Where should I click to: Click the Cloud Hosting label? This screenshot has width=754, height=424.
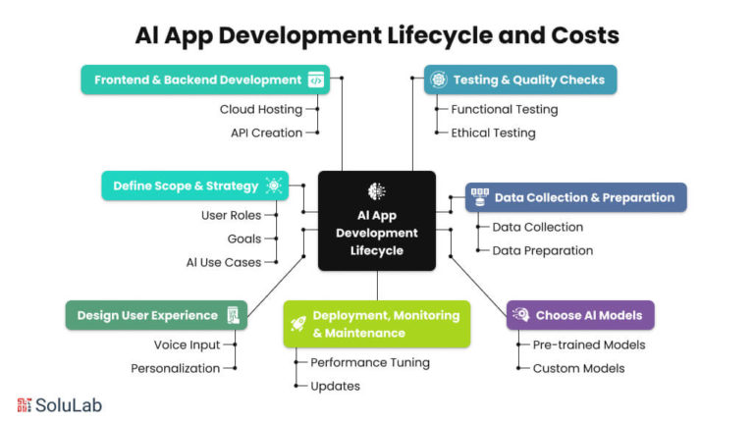[260, 109]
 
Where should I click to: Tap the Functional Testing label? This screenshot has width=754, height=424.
[504, 109]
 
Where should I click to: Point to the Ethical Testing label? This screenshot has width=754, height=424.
[493, 132]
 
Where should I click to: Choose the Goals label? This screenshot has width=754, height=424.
[245, 238]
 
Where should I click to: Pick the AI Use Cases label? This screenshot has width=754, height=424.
[224, 262]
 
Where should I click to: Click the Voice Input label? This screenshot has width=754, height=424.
[187, 344]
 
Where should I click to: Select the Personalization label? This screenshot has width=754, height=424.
[176, 368]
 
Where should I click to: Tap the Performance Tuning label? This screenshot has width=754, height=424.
[370, 362]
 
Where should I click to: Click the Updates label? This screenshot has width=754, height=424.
[335, 386]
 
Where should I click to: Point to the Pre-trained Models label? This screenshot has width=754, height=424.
[589, 344]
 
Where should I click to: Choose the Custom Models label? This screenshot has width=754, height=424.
[578, 368]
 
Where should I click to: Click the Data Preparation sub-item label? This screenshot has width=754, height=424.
[542, 250]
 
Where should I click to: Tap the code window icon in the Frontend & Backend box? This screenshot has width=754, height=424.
[316, 79]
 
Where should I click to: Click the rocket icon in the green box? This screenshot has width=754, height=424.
[297, 323]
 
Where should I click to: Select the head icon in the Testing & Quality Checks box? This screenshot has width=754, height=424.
[438, 79]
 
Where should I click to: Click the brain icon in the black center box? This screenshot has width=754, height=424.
[376, 191]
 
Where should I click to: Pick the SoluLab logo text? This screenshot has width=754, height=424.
[69, 404]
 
